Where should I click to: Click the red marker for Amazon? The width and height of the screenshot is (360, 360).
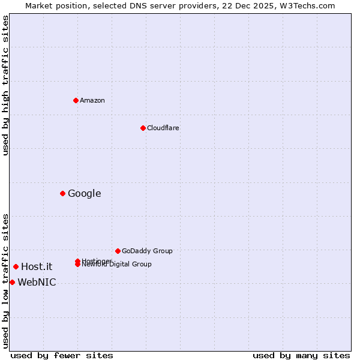(x=76, y=100)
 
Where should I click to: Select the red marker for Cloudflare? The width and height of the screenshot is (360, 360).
(x=143, y=128)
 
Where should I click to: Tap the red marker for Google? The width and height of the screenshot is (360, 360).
(x=62, y=193)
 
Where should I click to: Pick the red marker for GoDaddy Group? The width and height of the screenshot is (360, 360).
(x=118, y=251)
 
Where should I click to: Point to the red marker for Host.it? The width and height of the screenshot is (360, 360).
(x=16, y=266)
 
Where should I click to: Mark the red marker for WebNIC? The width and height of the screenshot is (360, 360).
(x=12, y=282)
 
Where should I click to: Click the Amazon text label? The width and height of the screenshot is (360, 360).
(x=92, y=100)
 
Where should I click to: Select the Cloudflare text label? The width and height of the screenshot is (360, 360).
(x=163, y=128)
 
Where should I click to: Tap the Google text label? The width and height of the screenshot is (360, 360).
(x=85, y=193)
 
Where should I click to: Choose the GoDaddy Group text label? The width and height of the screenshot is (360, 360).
(x=147, y=251)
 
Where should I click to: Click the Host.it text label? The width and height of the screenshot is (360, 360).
(x=37, y=266)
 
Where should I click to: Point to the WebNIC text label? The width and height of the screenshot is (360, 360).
(x=37, y=282)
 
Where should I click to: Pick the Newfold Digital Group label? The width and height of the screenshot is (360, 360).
(x=117, y=265)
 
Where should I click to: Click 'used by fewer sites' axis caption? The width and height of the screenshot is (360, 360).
(x=62, y=355)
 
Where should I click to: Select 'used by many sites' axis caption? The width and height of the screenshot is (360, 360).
(x=301, y=355)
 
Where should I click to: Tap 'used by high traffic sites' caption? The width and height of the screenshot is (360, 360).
(x=5, y=85)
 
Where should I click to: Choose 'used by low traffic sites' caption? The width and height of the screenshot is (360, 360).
(x=5, y=281)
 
